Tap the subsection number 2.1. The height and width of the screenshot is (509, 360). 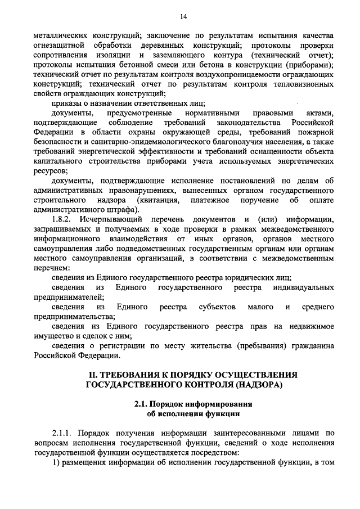pos(142,406)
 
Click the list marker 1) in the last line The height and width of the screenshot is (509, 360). pos(56,465)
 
